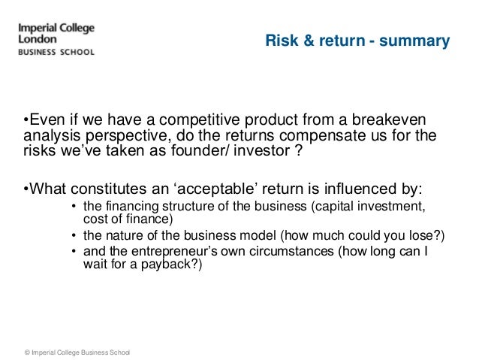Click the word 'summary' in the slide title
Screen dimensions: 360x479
tap(415, 40)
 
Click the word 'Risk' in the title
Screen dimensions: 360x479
tap(279, 40)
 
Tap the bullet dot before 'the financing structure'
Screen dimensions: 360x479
tap(73, 207)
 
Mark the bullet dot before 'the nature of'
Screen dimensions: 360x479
tap(73, 237)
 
